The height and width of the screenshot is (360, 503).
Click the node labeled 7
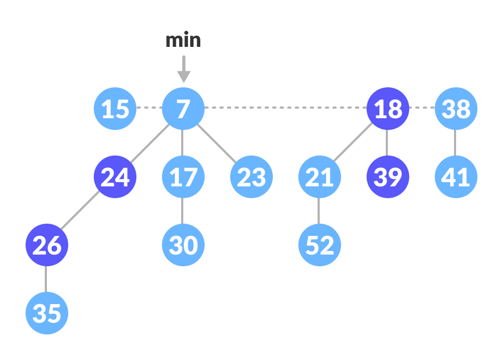coord(183,109)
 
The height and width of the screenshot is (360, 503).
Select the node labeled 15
coord(115,109)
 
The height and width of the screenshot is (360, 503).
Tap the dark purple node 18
coord(388,109)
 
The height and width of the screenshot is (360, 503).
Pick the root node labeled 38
coord(456,109)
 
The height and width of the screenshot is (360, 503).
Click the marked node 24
coord(115,177)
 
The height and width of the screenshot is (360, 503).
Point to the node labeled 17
coord(183,177)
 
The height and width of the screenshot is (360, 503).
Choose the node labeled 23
coord(251,177)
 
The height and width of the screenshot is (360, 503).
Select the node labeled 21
coord(320,177)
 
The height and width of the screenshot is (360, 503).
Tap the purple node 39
coord(388,177)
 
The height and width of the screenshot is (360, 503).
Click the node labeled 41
coord(456,177)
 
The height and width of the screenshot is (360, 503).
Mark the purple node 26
coord(47,245)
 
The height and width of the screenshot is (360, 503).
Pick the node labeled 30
coord(183,245)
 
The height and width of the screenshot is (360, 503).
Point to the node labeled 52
coord(320,245)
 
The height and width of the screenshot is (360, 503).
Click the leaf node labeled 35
coord(47,313)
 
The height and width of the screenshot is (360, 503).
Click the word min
coord(183,40)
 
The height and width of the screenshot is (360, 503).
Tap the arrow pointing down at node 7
coord(183,69)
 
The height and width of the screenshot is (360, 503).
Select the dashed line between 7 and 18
coord(286,108)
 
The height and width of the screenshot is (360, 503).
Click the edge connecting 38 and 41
coord(455,143)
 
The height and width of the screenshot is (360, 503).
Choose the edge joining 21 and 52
coord(319,211)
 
